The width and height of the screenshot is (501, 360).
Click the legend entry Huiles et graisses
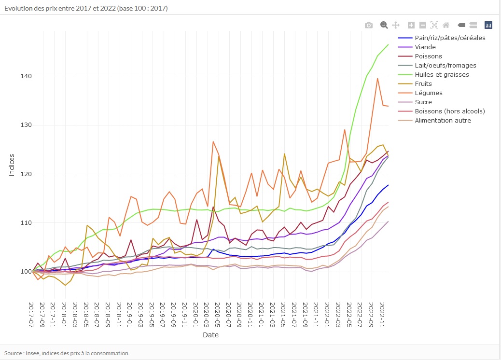click(442, 75)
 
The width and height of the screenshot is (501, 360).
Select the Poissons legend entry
click(428, 56)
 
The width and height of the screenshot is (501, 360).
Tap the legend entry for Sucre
click(423, 102)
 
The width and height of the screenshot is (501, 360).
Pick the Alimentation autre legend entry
click(443, 121)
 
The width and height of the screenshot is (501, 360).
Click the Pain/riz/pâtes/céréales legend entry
click(450, 38)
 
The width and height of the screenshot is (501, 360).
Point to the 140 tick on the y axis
click(26, 76)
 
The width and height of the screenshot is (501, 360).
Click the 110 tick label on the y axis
click(26, 223)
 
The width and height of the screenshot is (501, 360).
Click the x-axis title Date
click(210, 335)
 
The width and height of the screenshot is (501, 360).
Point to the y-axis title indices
click(12, 165)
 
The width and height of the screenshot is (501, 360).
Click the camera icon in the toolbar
click(369, 25)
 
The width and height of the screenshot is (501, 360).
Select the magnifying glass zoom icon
click(384, 25)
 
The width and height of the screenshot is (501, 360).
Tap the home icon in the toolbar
click(446, 25)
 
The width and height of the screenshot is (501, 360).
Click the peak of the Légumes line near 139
click(377, 78)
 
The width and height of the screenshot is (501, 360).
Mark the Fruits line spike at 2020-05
click(219, 156)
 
